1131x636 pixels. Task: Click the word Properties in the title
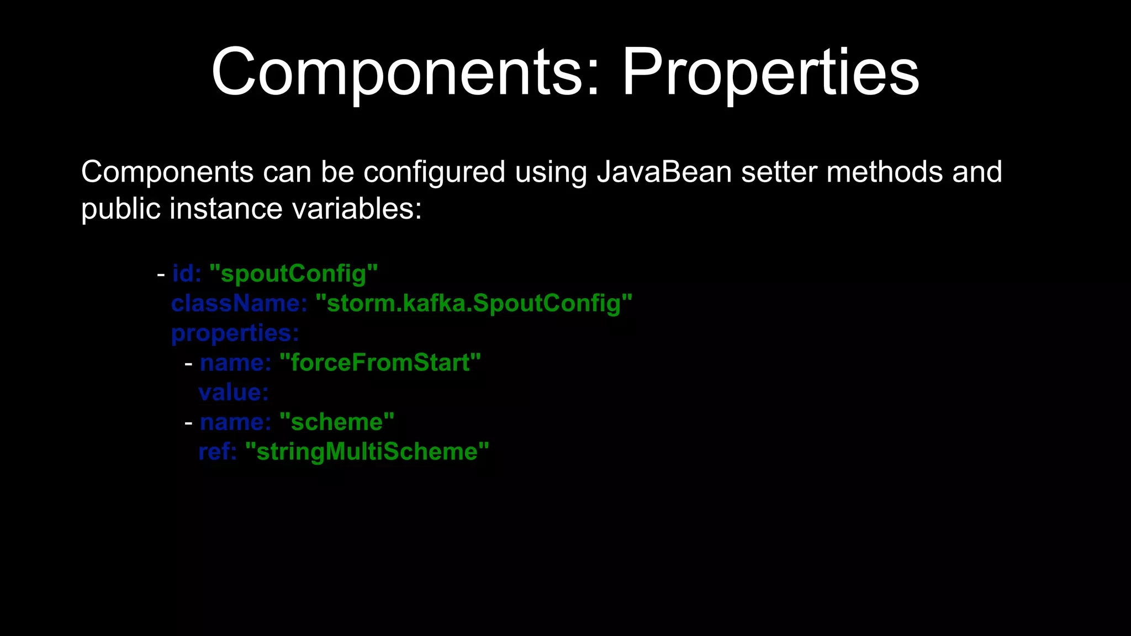tap(770, 73)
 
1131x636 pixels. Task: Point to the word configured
tap(434, 173)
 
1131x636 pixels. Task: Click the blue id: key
tap(187, 273)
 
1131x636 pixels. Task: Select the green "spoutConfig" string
tap(293, 274)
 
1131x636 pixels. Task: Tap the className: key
tap(239, 303)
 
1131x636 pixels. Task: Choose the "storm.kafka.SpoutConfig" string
tap(473, 304)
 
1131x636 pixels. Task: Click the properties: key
tap(235, 333)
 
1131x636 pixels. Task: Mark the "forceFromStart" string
tap(380, 363)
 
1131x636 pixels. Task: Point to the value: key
tap(234, 393)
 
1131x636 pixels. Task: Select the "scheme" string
tap(337, 422)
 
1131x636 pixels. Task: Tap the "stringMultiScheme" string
tap(367, 452)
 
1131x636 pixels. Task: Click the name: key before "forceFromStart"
tap(236, 363)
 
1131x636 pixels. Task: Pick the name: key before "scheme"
tap(236, 422)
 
